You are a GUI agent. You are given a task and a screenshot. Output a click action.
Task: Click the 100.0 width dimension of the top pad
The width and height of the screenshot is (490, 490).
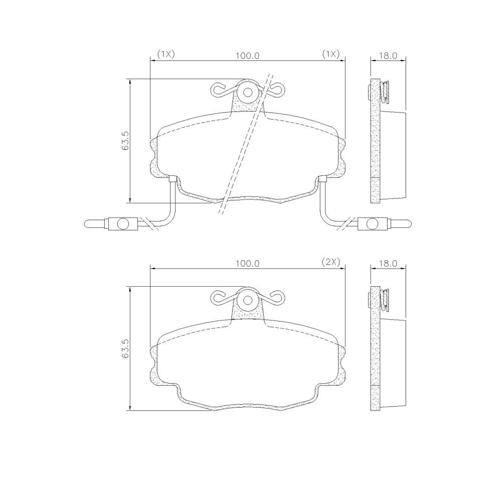247,55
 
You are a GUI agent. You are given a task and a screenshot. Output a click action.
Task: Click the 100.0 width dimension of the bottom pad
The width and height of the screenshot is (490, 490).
247,263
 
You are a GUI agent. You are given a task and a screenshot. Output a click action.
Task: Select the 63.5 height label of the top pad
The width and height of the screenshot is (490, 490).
125,140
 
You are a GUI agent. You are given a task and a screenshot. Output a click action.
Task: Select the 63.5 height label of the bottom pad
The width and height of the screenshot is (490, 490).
125,348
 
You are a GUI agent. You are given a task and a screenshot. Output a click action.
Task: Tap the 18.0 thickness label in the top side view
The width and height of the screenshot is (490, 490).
388,55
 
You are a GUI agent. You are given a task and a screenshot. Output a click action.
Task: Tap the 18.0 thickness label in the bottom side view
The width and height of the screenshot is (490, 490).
388,263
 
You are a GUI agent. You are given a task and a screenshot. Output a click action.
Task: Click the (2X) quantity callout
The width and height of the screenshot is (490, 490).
330,262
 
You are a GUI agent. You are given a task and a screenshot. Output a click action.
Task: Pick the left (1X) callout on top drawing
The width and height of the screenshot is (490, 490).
166,54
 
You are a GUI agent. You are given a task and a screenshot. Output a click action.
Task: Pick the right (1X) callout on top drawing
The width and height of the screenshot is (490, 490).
330,54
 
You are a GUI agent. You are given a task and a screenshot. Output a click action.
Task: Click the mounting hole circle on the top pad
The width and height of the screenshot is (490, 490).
247,92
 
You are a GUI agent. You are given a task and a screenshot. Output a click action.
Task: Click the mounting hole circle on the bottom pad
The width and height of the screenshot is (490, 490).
247,300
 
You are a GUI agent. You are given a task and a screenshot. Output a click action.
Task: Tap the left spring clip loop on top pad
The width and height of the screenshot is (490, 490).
218,89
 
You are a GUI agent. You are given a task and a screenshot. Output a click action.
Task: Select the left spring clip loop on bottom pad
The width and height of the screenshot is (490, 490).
218,296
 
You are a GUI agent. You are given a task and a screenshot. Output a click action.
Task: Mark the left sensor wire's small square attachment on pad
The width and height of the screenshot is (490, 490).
172,179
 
